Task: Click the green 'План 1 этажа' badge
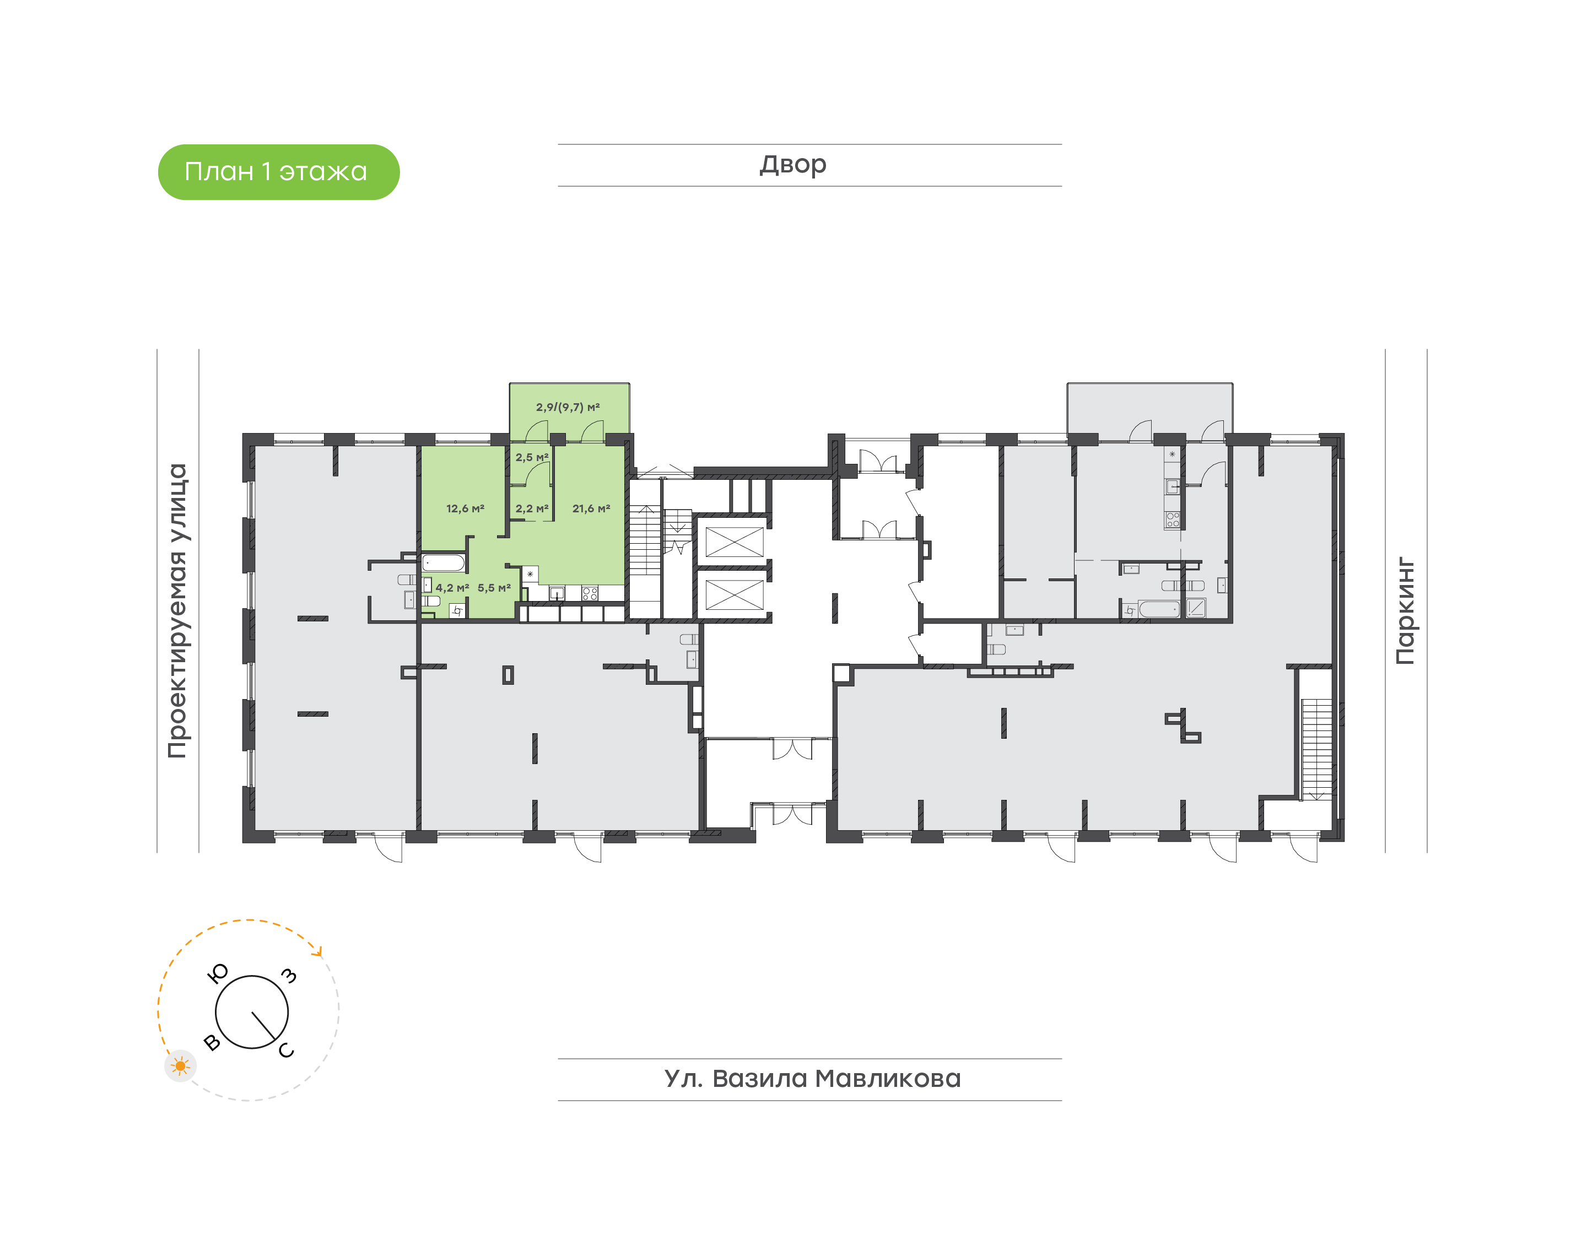[278, 172]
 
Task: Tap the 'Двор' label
[793, 165]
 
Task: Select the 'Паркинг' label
[1405, 611]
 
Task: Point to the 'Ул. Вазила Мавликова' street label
[812, 1078]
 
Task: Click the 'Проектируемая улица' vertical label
[177, 611]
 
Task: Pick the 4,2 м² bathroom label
[452, 587]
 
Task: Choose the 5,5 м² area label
[494, 587]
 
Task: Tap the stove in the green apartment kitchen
[590, 593]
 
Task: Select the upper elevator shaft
[734, 542]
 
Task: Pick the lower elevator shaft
[734, 594]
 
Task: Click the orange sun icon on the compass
[180, 1067]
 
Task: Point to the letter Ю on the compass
[218, 973]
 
